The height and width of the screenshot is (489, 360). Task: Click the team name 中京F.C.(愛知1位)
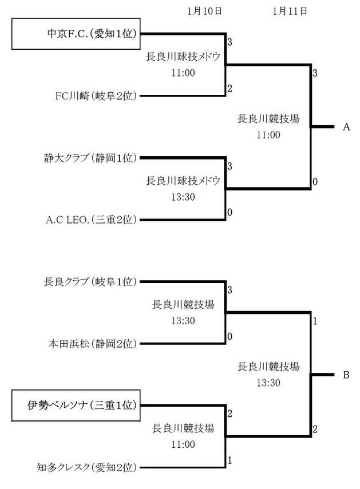click(92, 34)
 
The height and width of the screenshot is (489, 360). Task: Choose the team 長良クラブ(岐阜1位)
click(91, 281)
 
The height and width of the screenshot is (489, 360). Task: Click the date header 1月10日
click(204, 10)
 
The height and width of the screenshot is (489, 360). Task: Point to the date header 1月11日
click(290, 10)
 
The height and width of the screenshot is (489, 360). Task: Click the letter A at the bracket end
click(346, 127)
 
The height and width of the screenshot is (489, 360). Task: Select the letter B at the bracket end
click(346, 375)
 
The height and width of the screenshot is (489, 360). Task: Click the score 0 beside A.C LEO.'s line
click(230, 212)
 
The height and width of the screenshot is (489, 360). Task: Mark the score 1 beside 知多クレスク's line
click(230, 460)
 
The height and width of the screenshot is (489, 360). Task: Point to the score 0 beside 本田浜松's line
click(230, 336)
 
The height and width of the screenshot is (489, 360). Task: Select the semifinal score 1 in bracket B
click(315, 321)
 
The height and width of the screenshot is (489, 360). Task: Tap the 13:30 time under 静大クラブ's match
click(183, 197)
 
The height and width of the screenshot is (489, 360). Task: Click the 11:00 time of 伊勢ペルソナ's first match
click(183, 444)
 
